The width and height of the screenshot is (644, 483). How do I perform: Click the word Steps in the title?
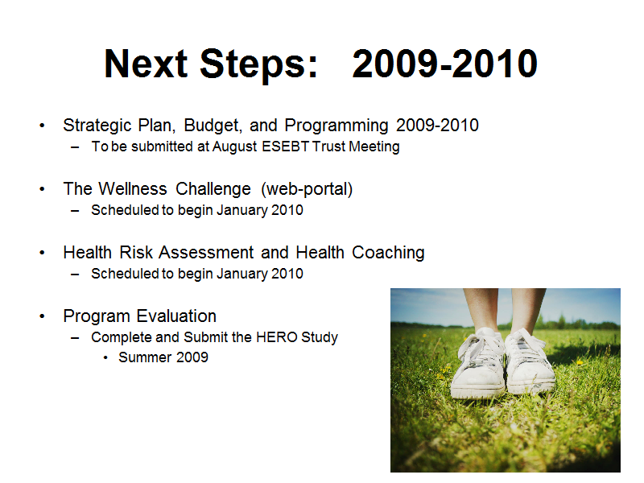pyautogui.click(x=259, y=65)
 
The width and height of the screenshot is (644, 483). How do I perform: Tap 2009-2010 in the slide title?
pyautogui.click(x=445, y=64)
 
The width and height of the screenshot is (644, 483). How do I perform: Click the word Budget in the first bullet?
pyautogui.click(x=213, y=126)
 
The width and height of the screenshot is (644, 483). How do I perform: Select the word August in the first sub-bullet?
pyautogui.click(x=235, y=147)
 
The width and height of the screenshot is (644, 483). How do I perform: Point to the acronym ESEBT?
pyautogui.click(x=285, y=147)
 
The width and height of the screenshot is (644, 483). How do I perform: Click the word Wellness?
pyautogui.click(x=133, y=189)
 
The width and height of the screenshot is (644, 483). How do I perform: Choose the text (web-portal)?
pyautogui.click(x=307, y=189)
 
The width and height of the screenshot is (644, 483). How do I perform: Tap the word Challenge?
pyautogui.click(x=213, y=189)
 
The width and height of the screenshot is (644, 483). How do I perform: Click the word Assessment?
pyautogui.click(x=207, y=253)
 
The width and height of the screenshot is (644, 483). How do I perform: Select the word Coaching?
pyautogui.click(x=388, y=253)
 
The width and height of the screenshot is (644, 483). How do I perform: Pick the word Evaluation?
pyautogui.click(x=176, y=316)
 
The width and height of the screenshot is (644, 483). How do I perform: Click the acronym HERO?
pyautogui.click(x=277, y=337)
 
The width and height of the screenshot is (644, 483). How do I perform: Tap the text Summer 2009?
pyautogui.click(x=163, y=357)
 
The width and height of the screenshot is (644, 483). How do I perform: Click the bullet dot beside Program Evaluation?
pyautogui.click(x=42, y=316)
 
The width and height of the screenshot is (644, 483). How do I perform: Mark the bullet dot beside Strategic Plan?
pyautogui.click(x=42, y=126)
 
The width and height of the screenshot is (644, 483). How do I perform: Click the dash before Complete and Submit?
pyautogui.click(x=75, y=338)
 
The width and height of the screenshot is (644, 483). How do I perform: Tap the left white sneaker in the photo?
pyautogui.click(x=478, y=364)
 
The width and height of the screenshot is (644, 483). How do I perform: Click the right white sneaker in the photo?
pyautogui.click(x=529, y=361)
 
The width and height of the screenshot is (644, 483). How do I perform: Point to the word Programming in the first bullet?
pyautogui.click(x=336, y=126)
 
